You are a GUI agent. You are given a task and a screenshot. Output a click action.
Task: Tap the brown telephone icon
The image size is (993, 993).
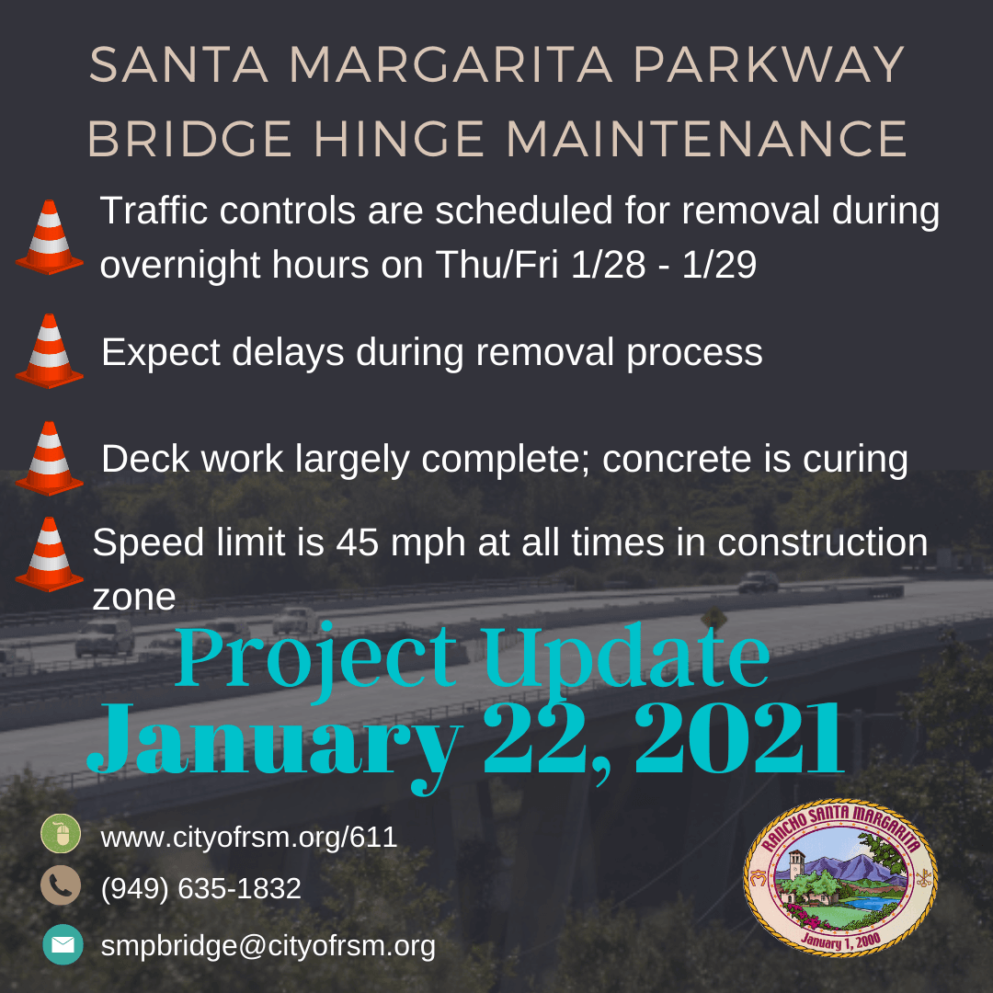click(x=62, y=886)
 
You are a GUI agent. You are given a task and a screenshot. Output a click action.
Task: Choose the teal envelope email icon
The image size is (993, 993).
click(x=63, y=944)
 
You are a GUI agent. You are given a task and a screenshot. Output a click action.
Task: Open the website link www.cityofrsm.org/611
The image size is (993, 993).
click(x=248, y=838)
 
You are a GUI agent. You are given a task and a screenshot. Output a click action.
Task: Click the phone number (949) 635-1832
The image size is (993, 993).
click(x=201, y=889)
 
